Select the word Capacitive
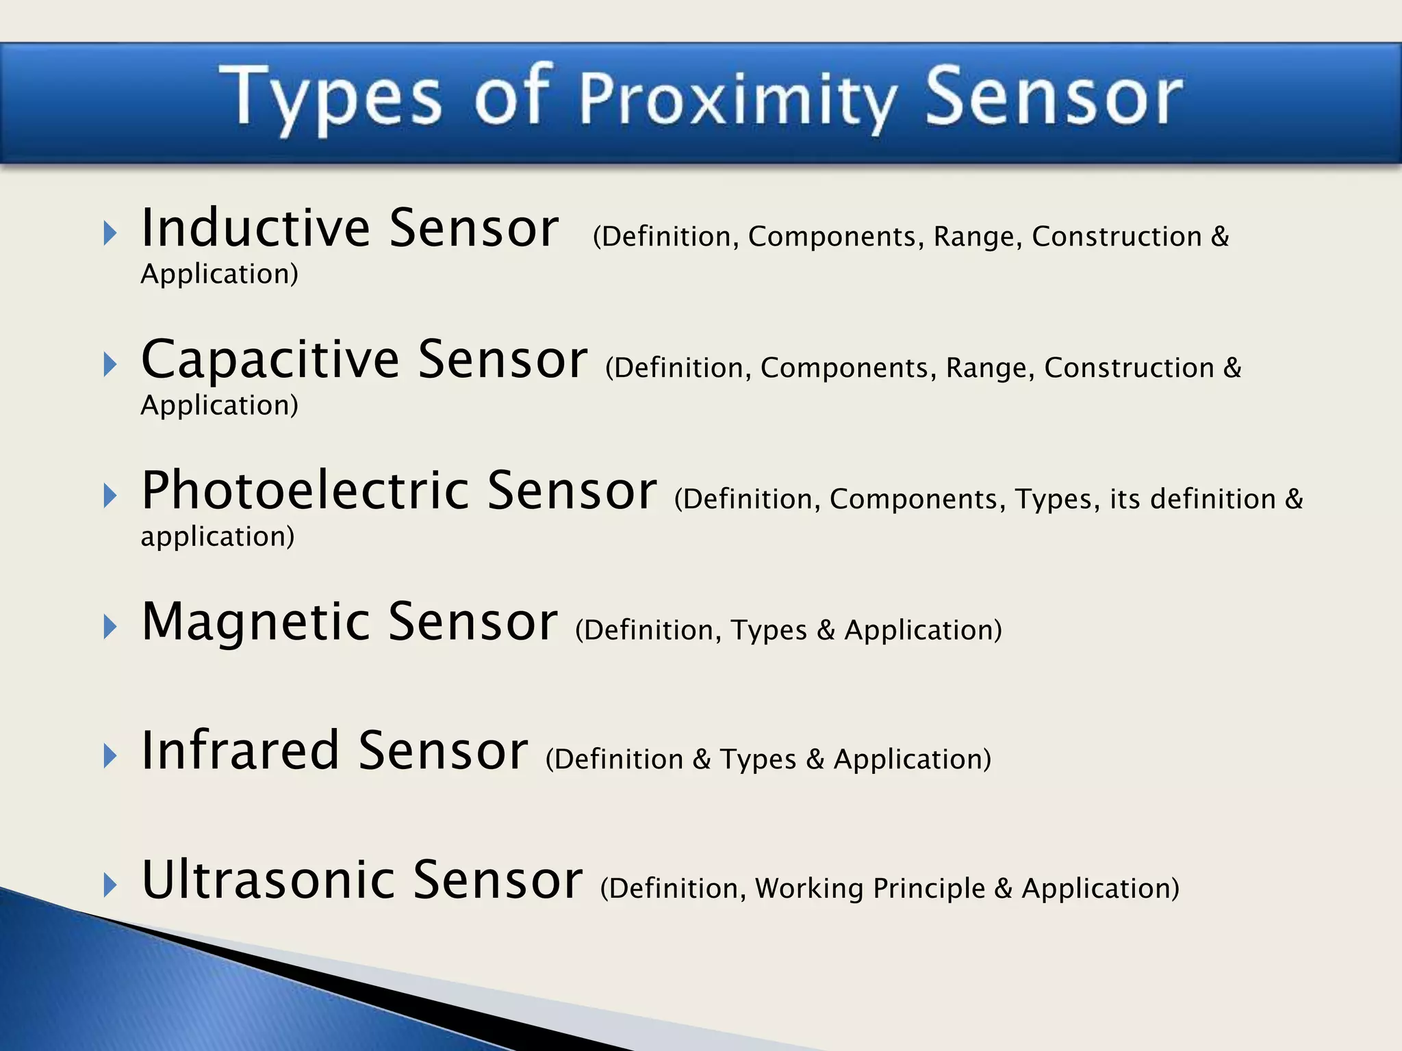click(x=270, y=360)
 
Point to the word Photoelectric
click(x=305, y=491)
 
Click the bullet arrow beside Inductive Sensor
click(x=110, y=234)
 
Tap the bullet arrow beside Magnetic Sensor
click(x=110, y=627)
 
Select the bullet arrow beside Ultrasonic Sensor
click(x=110, y=885)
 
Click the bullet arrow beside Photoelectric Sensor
click(x=110, y=495)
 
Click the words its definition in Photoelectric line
click(x=1193, y=499)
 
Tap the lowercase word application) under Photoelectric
click(x=218, y=536)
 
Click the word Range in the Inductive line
click(x=977, y=237)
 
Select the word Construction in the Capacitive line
click(x=1129, y=368)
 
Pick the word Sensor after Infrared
click(x=443, y=751)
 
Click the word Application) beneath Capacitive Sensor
click(x=219, y=406)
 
